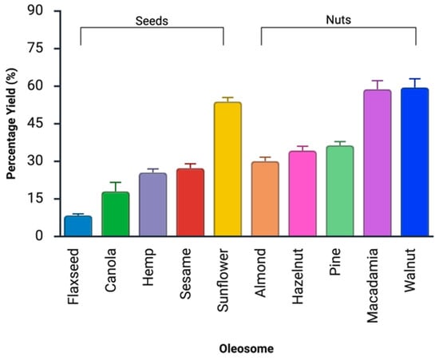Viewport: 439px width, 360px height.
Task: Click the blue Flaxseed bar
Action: [78, 226]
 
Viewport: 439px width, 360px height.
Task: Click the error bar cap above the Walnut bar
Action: [414, 79]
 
